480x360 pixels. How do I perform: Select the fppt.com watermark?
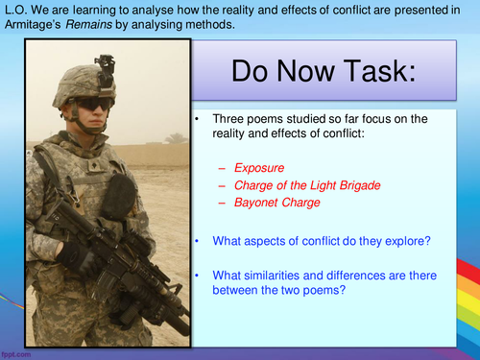pyautogui.click(x=16, y=353)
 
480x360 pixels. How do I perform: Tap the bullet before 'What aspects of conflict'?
pyautogui.click(x=195, y=239)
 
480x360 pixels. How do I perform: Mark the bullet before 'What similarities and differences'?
pyautogui.click(x=195, y=276)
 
